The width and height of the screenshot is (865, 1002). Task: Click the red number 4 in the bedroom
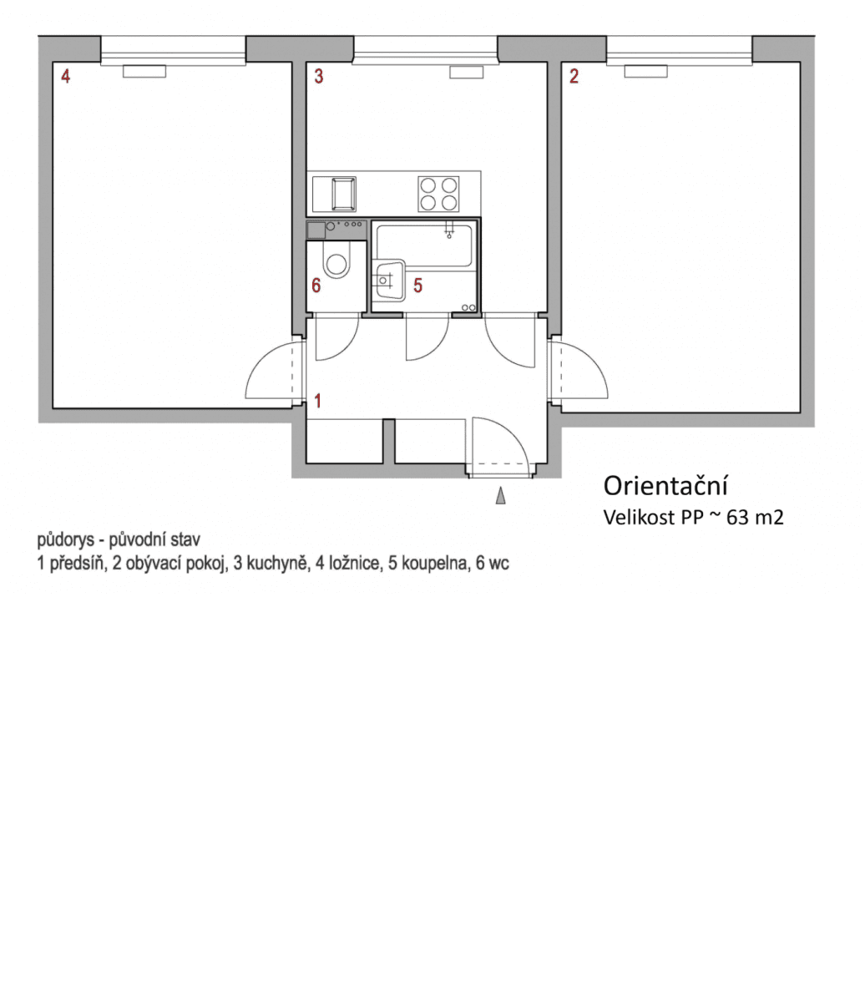[x=65, y=77]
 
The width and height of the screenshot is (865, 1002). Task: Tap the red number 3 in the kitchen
[x=318, y=77]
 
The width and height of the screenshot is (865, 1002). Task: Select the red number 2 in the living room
[x=574, y=77]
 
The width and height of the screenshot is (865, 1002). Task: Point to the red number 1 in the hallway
[x=317, y=401]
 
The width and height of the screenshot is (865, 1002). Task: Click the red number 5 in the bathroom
[x=417, y=286]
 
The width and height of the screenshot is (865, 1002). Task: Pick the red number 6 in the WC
[x=316, y=286]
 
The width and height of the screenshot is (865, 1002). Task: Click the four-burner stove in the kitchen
[x=438, y=194]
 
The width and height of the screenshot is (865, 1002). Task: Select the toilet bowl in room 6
[x=337, y=264]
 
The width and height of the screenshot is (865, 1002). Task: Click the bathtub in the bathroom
[x=424, y=245]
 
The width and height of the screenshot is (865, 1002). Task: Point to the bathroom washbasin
[x=387, y=280]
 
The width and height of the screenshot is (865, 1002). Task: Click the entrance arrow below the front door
[x=500, y=497]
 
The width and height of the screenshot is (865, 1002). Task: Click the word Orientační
[x=665, y=486]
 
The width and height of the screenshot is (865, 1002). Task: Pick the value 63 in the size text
[x=737, y=518]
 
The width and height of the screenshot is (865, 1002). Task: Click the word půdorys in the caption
[x=65, y=540]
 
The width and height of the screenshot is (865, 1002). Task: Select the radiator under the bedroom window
[x=144, y=72]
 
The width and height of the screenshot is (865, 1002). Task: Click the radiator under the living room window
[x=645, y=72]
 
